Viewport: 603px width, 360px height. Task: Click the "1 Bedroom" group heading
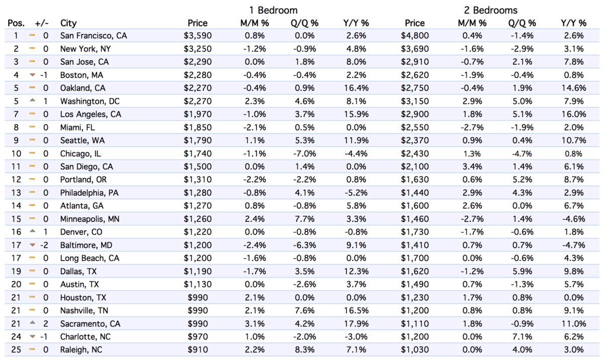click(x=273, y=10)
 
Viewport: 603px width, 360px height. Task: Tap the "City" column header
click(x=68, y=23)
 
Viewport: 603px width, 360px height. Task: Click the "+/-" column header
click(x=42, y=23)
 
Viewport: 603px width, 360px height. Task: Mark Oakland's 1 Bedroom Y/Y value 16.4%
click(x=356, y=88)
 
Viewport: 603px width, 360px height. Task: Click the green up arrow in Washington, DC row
click(x=32, y=100)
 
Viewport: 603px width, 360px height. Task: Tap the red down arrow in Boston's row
click(x=32, y=75)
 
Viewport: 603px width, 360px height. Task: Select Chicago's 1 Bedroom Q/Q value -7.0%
click(x=304, y=154)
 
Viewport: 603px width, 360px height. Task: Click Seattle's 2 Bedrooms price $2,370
click(x=415, y=141)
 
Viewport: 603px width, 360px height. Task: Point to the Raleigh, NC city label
click(x=80, y=349)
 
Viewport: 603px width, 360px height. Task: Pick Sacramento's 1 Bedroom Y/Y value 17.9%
click(x=356, y=323)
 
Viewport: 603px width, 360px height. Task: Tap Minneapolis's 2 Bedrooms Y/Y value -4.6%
click(x=573, y=219)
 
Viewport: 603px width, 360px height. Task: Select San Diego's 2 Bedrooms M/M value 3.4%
click(x=472, y=167)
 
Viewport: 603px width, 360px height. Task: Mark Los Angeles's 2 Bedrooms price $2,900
click(x=415, y=114)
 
